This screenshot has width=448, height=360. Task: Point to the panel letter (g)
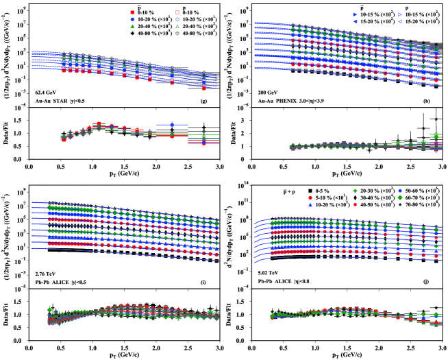click(x=203, y=101)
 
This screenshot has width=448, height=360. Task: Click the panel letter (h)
click(x=428, y=101)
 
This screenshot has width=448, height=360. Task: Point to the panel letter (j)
click(x=428, y=281)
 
